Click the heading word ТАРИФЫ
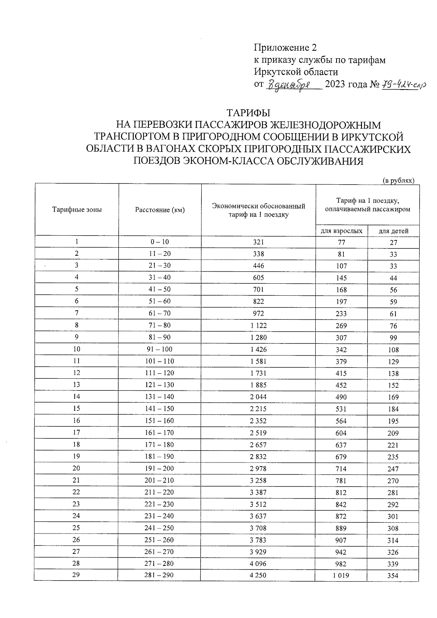coord(248,113)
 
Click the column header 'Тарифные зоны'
coord(77,210)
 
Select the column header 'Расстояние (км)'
coord(160,210)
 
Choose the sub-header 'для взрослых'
coord(341,231)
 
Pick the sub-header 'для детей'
coord(393,231)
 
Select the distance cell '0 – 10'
coord(160,242)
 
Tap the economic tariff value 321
coord(258,242)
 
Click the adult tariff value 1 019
coord(341,576)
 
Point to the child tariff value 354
coord(393,576)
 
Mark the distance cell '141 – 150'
coord(160,409)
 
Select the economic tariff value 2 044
coord(258,397)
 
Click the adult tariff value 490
coord(341,397)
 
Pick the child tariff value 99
coord(393,338)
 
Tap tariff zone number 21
coord(76,480)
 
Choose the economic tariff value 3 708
coord(258,528)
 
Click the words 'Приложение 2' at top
coord(285,48)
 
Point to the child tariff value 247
coord(393,469)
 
